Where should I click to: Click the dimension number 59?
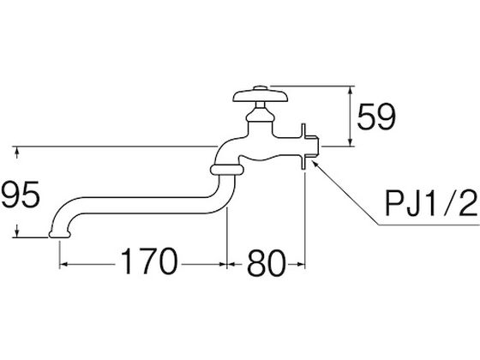(x=376, y=117)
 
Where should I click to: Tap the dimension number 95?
(x=21, y=195)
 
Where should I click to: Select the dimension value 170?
(x=149, y=261)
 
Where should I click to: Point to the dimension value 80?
(x=266, y=263)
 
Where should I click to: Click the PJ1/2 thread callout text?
(x=431, y=203)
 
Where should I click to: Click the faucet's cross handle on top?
(x=261, y=96)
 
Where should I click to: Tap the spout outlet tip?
(x=60, y=234)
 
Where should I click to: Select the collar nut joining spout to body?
(x=227, y=170)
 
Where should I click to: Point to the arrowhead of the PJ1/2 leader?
(x=315, y=162)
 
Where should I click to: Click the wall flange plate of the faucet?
(x=303, y=147)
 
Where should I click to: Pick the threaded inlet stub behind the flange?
(x=312, y=147)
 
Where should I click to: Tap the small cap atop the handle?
(x=261, y=87)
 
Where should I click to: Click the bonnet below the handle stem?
(x=261, y=116)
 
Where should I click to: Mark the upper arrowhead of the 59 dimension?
(x=351, y=90)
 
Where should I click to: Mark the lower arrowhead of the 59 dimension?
(x=351, y=142)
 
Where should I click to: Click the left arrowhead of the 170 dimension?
(x=63, y=264)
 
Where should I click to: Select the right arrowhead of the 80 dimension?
(x=301, y=264)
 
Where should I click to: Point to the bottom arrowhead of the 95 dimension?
(x=17, y=233)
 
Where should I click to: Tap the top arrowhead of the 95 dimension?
(x=17, y=151)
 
